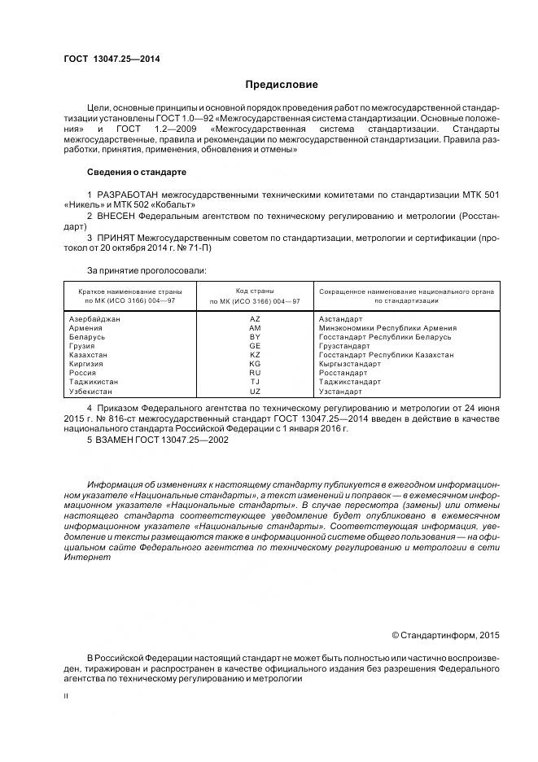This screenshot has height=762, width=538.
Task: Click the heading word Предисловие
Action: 282,85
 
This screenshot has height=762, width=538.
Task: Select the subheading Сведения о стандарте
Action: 136,173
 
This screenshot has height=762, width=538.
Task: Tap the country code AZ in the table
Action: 255,319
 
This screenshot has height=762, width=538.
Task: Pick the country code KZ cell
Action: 255,355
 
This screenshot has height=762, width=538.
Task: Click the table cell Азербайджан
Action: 95,319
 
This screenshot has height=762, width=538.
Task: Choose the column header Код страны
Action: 255,291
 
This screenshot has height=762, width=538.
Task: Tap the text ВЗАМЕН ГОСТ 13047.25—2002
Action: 158,440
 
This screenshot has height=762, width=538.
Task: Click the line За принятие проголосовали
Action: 147,269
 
